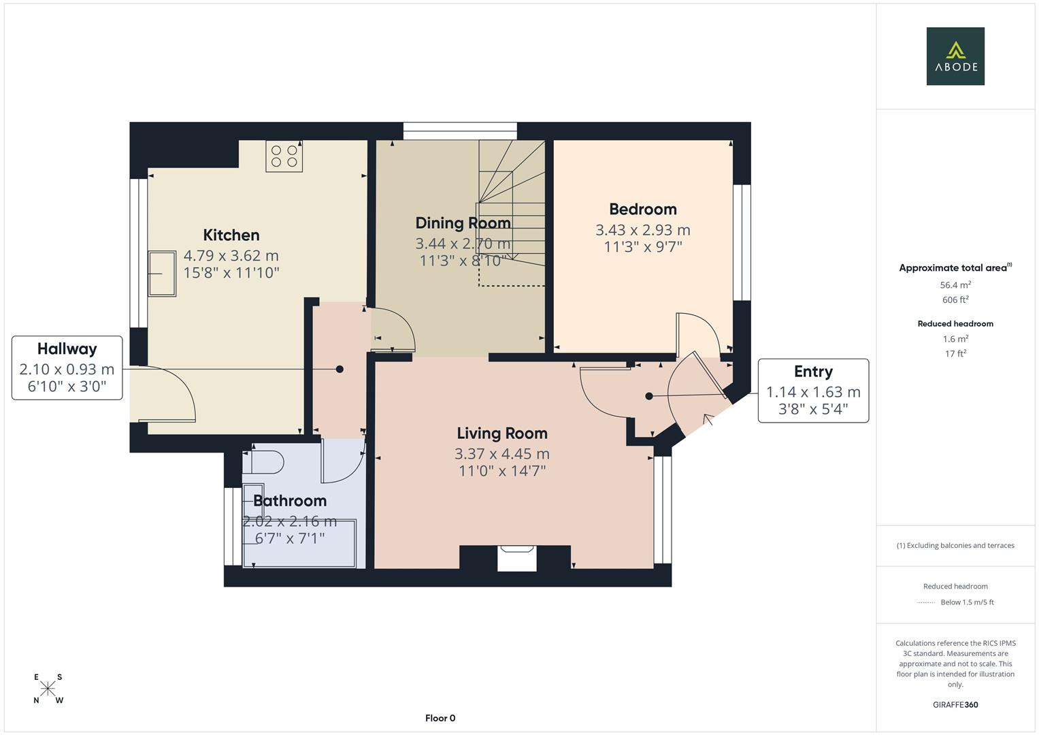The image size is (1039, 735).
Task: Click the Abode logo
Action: point(955,56)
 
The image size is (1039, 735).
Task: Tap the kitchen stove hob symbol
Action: point(284,156)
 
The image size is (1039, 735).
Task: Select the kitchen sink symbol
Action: point(162,274)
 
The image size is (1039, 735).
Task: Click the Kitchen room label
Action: point(231,235)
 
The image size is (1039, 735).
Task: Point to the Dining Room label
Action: point(463,223)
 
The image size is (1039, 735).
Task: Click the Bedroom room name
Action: point(642,210)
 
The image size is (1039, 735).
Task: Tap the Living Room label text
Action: point(501,434)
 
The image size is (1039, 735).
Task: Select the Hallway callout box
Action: point(67,367)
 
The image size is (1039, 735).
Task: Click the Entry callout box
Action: point(813,391)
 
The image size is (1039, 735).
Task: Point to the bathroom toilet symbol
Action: point(265,462)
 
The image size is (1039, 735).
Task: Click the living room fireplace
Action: point(516,557)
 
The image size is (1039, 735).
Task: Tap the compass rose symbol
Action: point(48,689)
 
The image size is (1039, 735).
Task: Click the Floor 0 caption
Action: point(440,718)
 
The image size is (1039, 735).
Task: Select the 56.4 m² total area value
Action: point(955,286)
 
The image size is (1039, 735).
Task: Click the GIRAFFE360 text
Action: point(955,705)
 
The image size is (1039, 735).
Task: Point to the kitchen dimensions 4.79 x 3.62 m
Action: point(231,256)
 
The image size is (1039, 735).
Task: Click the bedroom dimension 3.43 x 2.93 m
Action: point(642,230)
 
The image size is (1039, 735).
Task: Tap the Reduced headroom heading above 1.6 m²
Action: point(955,324)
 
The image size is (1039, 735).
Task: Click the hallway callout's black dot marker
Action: point(340,369)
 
